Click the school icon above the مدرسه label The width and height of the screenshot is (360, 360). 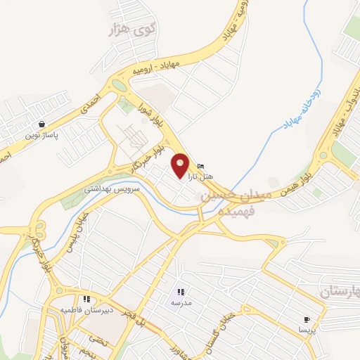point(180,292)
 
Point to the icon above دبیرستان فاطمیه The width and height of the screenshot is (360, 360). point(86,299)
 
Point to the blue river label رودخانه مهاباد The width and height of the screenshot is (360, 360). point(302,105)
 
